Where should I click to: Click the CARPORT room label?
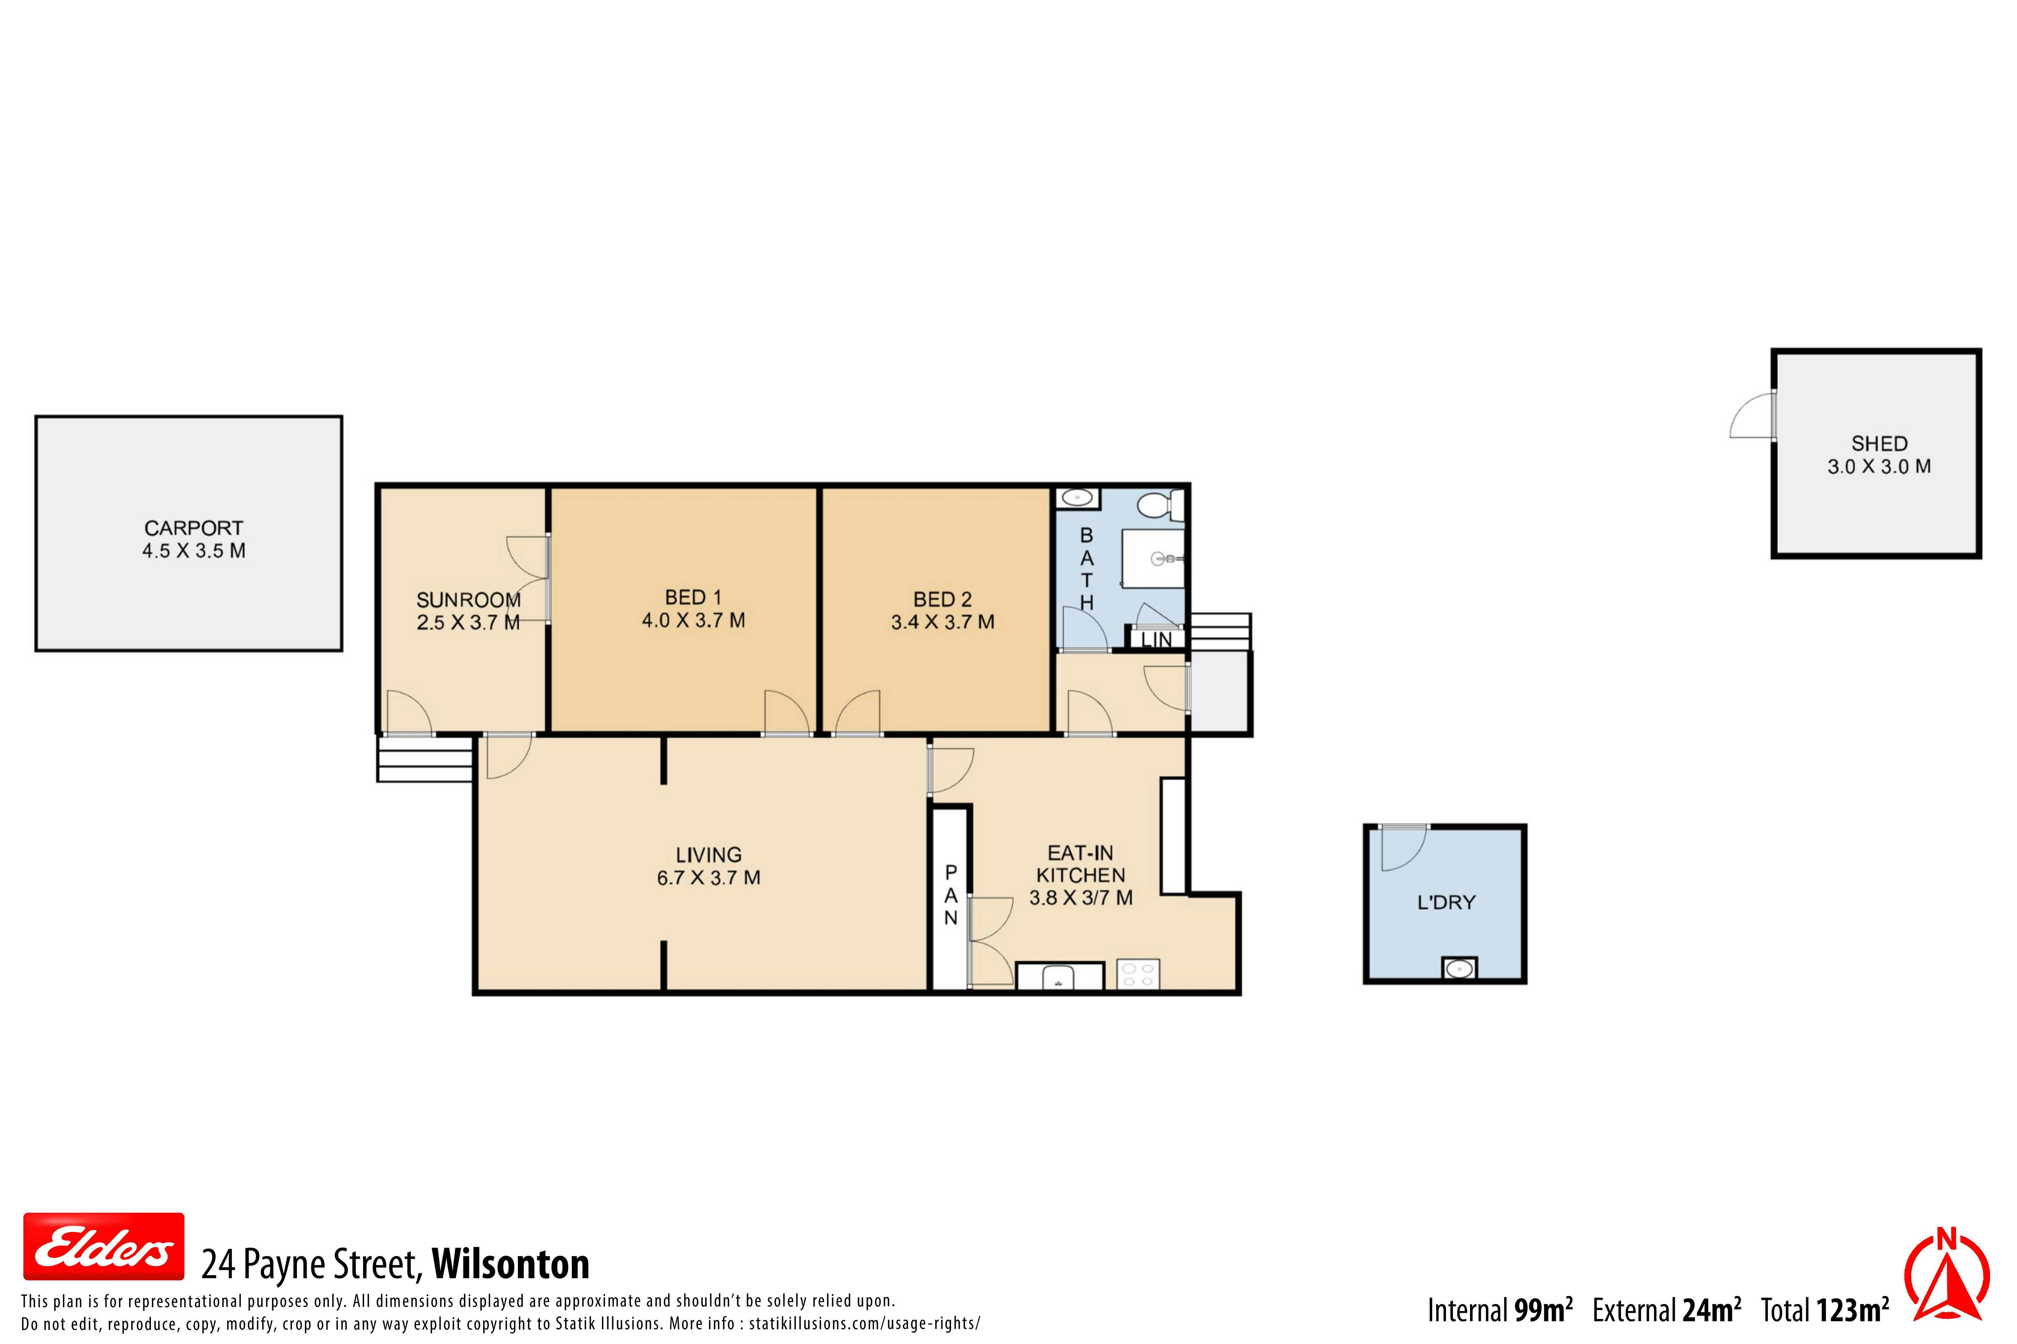(194, 528)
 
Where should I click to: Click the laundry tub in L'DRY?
(1459, 968)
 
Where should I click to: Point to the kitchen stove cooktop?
(1138, 974)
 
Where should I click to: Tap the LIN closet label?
(1157, 639)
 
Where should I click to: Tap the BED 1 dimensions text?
(694, 620)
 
